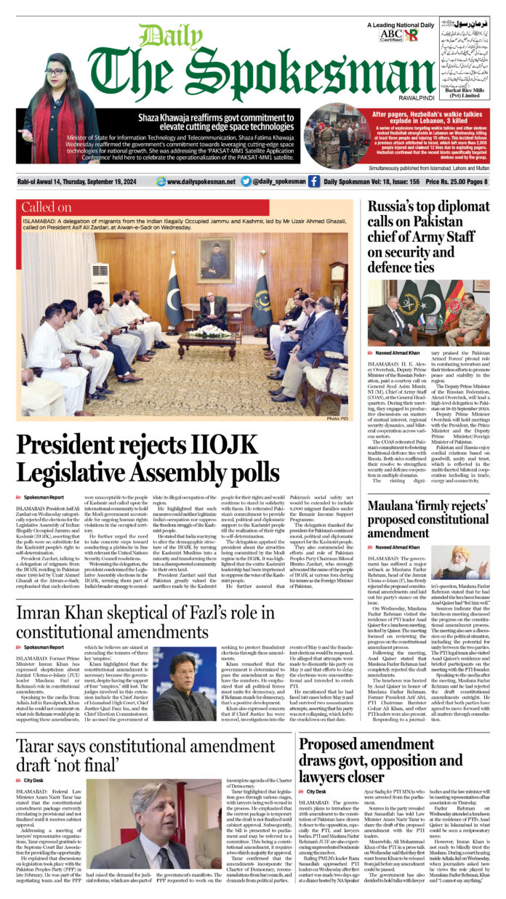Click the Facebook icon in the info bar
pos(313,182)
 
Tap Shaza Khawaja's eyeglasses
pos(56,72)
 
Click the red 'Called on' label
pos(46,208)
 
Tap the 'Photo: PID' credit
pos(339,419)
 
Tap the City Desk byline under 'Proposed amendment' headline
pos(316,791)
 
